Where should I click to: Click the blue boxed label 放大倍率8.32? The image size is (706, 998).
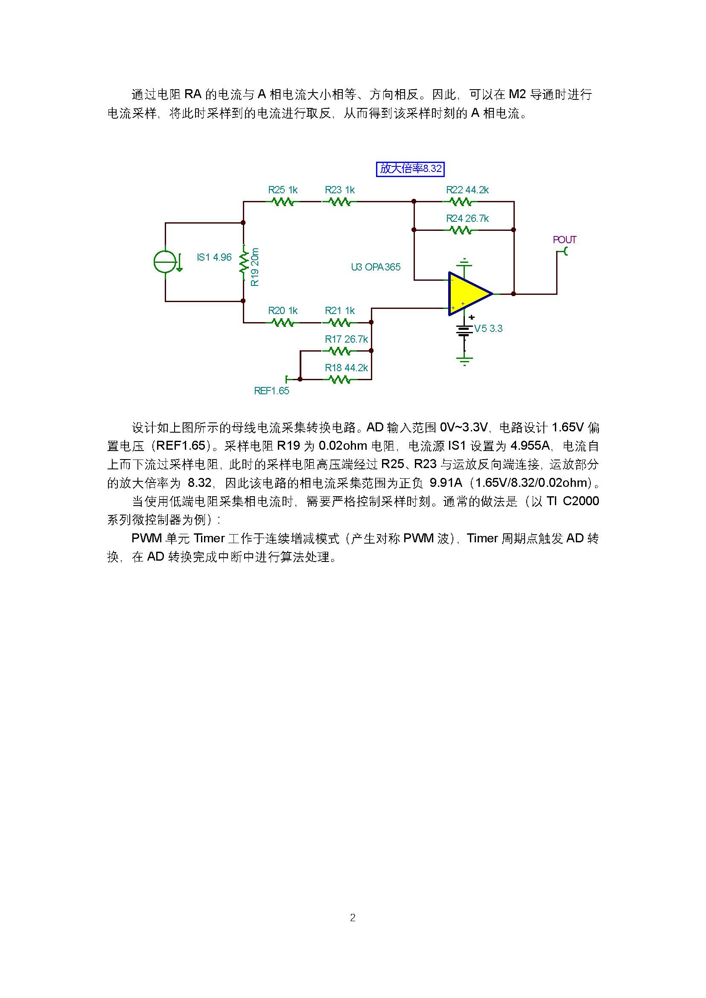click(410, 169)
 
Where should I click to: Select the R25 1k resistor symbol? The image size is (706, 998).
click(283, 202)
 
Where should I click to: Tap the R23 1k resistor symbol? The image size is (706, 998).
click(339, 202)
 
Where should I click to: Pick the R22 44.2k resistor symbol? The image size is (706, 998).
click(460, 202)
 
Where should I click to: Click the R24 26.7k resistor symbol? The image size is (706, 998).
click(460, 230)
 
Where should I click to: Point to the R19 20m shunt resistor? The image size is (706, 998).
click(243, 261)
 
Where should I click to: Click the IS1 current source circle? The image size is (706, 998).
click(165, 262)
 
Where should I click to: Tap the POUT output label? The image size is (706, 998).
click(564, 240)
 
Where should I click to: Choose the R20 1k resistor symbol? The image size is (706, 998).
click(283, 323)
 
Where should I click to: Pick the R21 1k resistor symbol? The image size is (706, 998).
click(339, 323)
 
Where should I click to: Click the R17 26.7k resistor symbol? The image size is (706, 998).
click(339, 351)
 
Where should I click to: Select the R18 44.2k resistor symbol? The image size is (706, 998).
click(339, 379)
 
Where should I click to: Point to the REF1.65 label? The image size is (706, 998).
click(271, 391)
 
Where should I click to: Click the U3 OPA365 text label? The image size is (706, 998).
click(376, 267)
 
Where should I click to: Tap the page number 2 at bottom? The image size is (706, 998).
click(353, 918)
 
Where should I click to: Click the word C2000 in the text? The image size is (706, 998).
click(581, 501)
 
